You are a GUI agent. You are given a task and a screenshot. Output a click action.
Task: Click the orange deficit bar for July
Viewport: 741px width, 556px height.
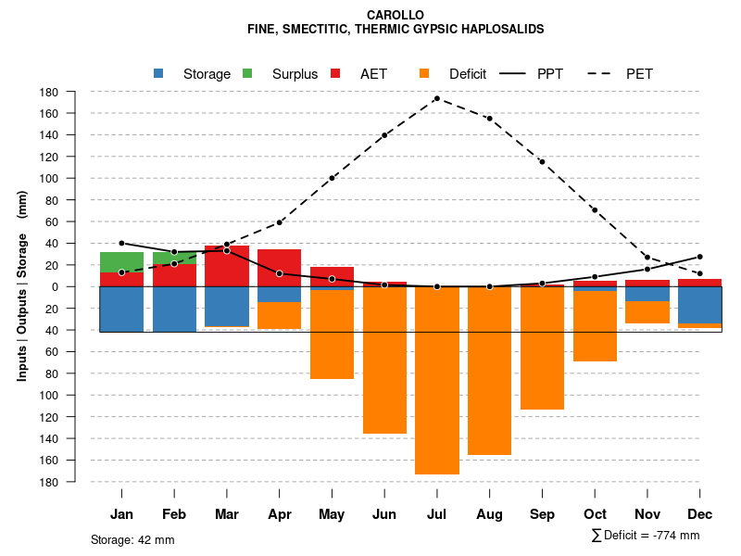point(437,380)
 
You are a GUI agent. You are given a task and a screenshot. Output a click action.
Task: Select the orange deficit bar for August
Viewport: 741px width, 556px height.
point(489,371)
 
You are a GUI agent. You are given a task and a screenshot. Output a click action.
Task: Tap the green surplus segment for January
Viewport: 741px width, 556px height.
point(121,261)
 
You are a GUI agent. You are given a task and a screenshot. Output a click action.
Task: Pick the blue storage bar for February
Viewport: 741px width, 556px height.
point(174,309)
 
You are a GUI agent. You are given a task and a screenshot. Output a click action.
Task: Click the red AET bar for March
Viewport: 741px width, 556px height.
point(227,266)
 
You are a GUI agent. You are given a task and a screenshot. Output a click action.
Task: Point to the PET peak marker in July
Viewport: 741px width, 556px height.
point(436,98)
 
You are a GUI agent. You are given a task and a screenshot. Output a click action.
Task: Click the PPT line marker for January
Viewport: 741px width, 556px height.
point(121,243)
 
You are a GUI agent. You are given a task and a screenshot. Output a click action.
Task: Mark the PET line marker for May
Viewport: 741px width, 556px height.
point(332,178)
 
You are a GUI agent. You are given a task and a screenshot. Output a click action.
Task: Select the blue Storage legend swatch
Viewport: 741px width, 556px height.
point(158,73)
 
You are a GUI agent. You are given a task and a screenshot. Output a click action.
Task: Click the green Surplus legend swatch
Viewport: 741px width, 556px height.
point(247,73)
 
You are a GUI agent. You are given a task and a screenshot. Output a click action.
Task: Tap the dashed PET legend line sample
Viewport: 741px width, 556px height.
point(602,73)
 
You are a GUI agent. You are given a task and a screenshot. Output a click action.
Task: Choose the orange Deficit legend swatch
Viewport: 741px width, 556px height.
point(424,73)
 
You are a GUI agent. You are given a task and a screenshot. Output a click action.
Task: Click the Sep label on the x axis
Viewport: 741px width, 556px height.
point(542,514)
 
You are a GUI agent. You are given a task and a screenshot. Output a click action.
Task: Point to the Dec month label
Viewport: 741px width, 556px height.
point(700,514)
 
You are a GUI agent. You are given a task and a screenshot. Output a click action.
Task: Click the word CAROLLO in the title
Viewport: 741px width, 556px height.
point(396,15)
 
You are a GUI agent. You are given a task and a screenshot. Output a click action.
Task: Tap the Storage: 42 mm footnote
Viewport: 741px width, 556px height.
point(132,539)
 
